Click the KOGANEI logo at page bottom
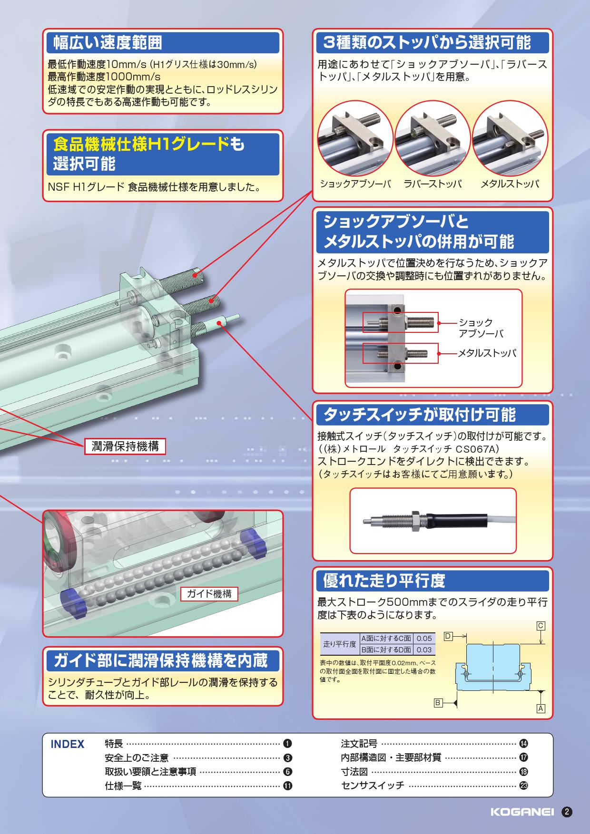coord(521,812)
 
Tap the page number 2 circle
coord(567,812)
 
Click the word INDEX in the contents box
coord(68,745)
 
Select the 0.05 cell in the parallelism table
coord(424,639)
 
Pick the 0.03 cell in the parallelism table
coord(424,649)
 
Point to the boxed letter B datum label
coord(438,702)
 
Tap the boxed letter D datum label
coord(448,636)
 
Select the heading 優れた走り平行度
coord(384,580)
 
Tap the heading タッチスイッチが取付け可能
coord(419,415)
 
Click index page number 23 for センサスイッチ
coord(523,786)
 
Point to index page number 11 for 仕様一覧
coord(287,786)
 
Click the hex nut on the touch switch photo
coord(414,520)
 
